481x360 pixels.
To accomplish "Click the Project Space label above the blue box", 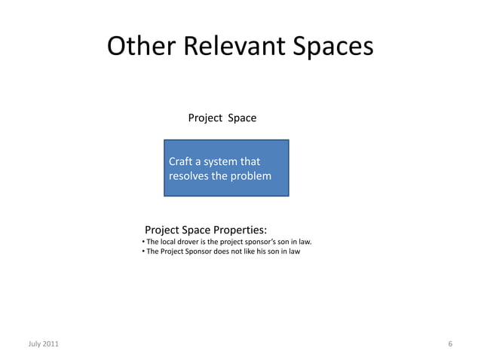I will point(222,118).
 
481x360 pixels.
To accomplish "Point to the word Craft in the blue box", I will point(180,161).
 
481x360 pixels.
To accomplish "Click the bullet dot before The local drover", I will point(142,242).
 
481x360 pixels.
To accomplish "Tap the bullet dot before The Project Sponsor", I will point(142,252).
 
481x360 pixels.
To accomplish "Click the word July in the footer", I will point(35,344).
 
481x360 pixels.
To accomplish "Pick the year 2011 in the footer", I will point(50,344).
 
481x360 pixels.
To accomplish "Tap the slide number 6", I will point(450,344).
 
